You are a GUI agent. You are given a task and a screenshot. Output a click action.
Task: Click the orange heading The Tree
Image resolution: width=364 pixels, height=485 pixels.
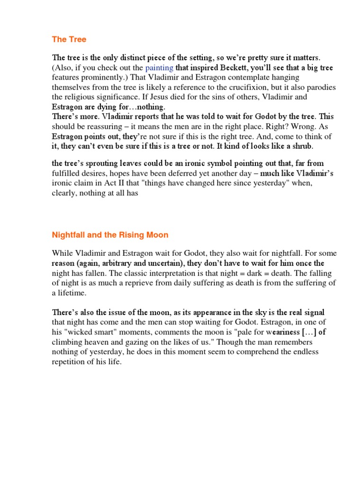[69, 39]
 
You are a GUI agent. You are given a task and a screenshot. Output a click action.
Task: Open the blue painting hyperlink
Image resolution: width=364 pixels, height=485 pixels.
[159, 68]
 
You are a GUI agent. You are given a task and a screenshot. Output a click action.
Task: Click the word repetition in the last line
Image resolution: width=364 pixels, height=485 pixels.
[72, 362]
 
